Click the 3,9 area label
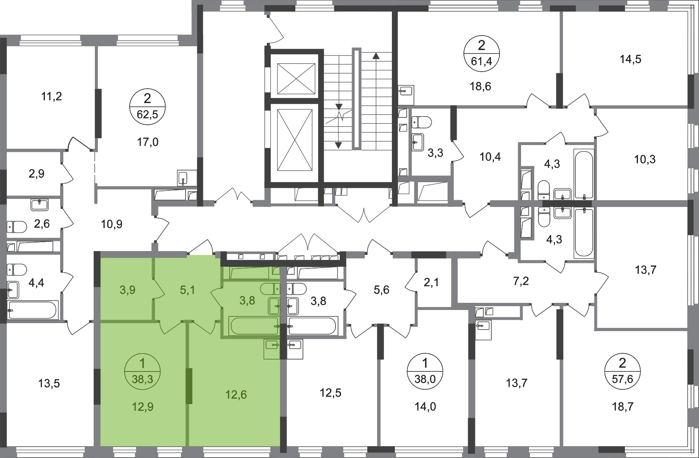pos(128,290)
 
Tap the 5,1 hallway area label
pos(187,290)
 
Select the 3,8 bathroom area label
pos(247,301)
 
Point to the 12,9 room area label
pos(143,407)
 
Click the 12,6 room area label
pos(236,395)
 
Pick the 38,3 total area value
pos(142,380)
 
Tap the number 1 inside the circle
pos(142,363)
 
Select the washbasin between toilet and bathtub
pos(274,305)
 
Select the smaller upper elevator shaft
pos(293,79)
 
